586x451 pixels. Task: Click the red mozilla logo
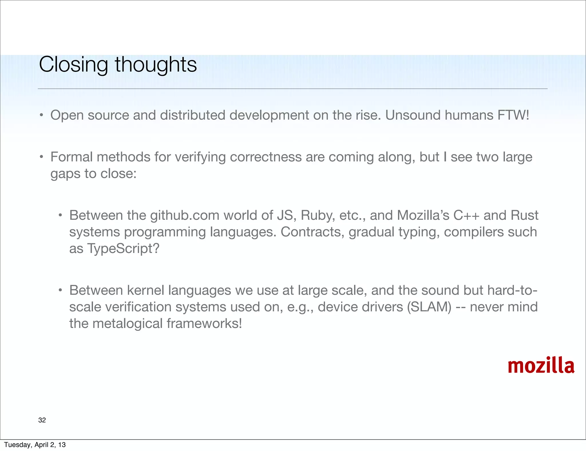click(541, 366)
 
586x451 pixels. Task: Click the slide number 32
click(42, 420)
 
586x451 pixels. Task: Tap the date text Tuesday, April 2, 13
click(35, 445)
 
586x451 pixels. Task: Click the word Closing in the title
click(73, 65)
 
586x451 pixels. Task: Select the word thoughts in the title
click(156, 65)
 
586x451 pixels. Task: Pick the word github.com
click(185, 215)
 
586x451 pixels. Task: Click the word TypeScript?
click(123, 248)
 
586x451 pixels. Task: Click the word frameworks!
click(204, 323)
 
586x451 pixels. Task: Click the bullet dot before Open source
click(41, 115)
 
